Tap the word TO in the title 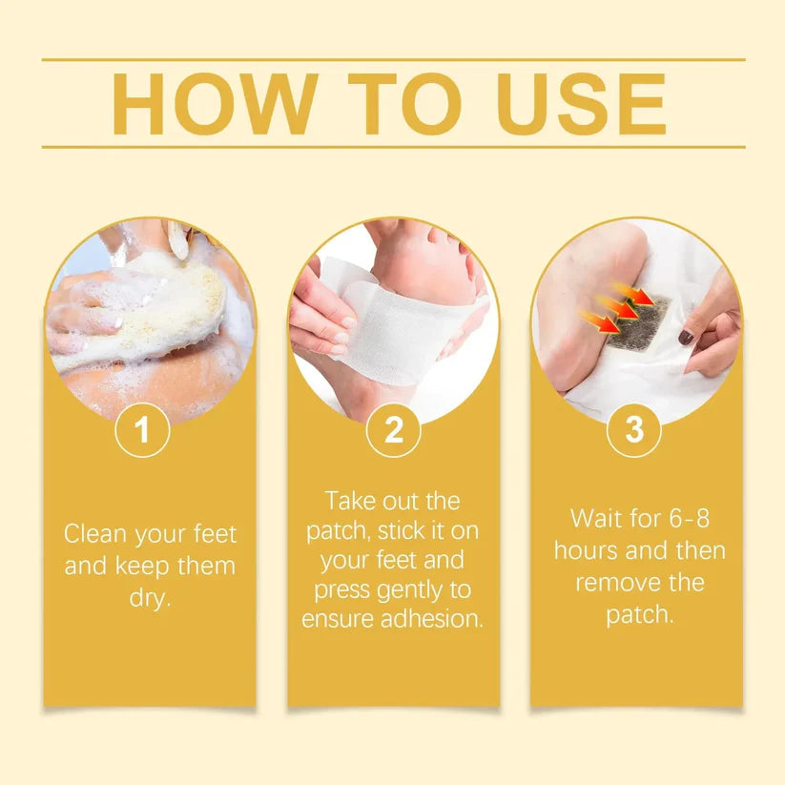pyautogui.click(x=402, y=104)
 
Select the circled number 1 pyautogui.click(x=142, y=430)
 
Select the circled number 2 pyautogui.click(x=393, y=430)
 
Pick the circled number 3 pyautogui.click(x=634, y=430)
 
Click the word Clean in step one pyautogui.click(x=96, y=533)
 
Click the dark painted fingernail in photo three pyautogui.click(x=686, y=337)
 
